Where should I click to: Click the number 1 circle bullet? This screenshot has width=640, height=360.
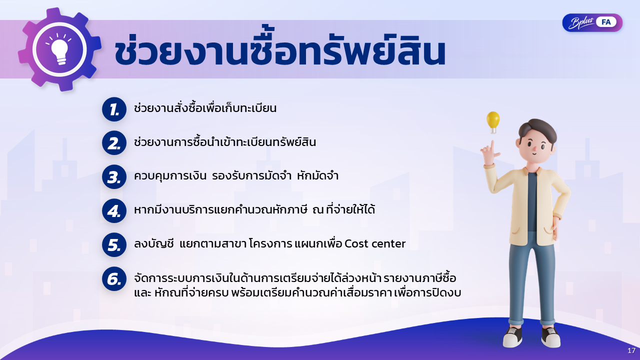tap(114, 109)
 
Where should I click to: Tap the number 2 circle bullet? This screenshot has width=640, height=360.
tap(114, 143)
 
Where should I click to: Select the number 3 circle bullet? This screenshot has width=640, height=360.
tap(114, 177)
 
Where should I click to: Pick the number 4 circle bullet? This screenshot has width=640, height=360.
tap(114, 211)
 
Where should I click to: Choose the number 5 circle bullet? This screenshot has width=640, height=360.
tap(114, 245)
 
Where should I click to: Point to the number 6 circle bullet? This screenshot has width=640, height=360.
tap(114, 279)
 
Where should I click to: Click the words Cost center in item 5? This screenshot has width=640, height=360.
tap(375, 243)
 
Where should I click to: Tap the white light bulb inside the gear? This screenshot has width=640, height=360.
tap(59, 49)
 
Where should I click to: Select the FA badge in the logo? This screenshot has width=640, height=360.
tap(606, 22)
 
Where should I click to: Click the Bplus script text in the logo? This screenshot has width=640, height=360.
tap(581, 23)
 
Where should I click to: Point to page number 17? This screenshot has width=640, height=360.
tap(631, 350)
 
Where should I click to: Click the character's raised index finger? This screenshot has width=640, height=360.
tap(492, 145)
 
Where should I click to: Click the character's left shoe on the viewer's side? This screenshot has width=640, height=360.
tap(513, 336)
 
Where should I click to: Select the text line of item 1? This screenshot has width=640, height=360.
tap(205, 108)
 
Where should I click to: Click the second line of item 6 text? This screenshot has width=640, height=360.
tap(297, 293)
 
